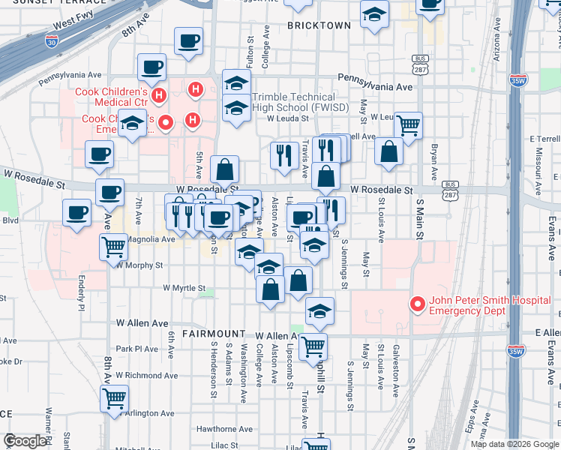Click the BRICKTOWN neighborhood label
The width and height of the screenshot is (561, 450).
tap(319, 25)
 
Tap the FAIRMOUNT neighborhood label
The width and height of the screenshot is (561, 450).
tap(213, 333)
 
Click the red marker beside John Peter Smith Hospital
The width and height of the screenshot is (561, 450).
tap(417, 304)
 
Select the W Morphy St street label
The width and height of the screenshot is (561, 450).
tap(139, 265)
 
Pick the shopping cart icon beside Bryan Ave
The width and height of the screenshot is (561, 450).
tap(408, 125)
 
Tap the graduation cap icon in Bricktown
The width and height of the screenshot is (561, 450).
tap(373, 13)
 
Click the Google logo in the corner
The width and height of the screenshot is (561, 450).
tap(24, 441)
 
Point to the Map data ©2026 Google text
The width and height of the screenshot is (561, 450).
tap(514, 444)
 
